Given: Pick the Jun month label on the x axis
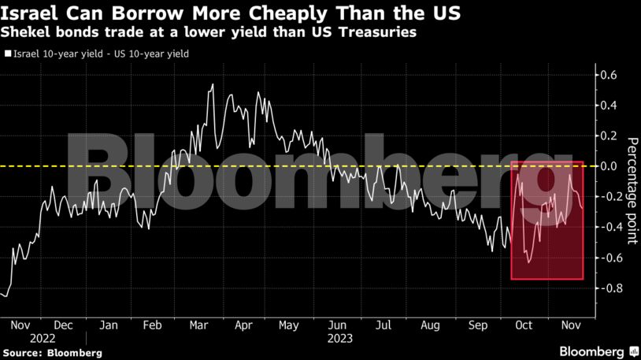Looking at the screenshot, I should [x=336, y=325].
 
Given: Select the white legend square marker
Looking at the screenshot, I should [x=8, y=54].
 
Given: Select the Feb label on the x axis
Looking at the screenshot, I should [x=153, y=325].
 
